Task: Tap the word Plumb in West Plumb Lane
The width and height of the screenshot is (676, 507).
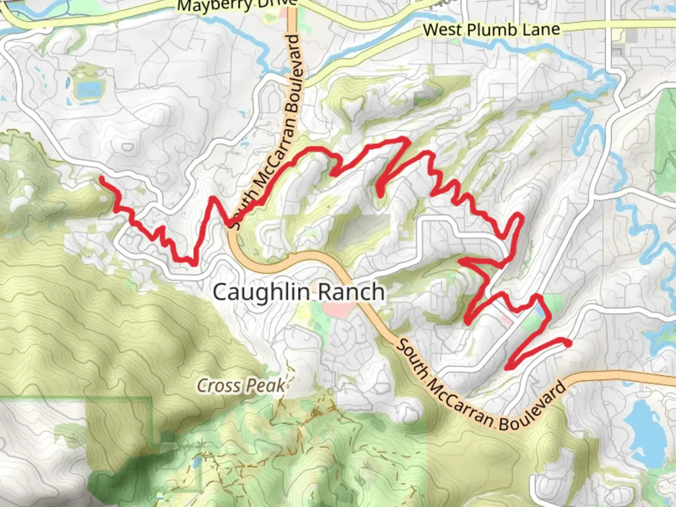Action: coord(492,30)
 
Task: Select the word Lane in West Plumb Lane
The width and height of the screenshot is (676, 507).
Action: coord(544,29)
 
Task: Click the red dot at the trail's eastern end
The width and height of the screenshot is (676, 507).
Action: coord(568,343)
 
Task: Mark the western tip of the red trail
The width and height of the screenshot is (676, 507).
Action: coord(101,179)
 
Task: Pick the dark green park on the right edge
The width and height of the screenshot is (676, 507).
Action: coord(666,141)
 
